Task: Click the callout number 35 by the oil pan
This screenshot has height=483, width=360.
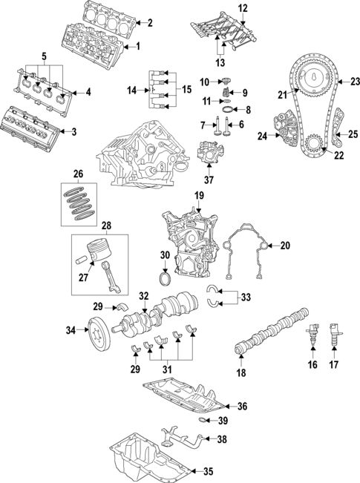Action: pos(208,470)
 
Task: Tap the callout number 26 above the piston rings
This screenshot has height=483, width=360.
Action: pos(78,175)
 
